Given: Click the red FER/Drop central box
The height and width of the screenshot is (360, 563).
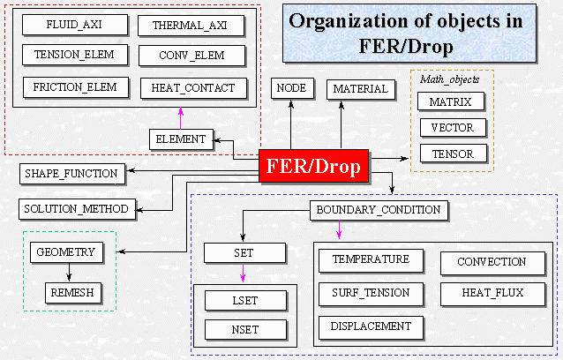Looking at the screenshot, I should click(315, 167).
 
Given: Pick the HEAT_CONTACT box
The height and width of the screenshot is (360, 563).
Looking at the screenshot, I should click(192, 88).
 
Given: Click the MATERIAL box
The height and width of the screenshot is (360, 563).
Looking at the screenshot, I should click(360, 88).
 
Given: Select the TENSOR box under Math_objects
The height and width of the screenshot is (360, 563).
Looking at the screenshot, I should click(451, 154).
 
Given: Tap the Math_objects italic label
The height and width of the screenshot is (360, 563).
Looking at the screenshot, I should click(451, 79).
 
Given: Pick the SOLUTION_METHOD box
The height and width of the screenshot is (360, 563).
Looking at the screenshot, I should click(76, 209).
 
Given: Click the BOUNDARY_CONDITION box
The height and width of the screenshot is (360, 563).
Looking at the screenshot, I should click(378, 210).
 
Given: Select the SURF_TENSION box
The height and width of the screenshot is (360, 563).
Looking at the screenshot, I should click(371, 292).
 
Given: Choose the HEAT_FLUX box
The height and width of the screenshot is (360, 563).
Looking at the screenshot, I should click(492, 290).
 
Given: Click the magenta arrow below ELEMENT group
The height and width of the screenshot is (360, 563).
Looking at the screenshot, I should click(180, 117).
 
